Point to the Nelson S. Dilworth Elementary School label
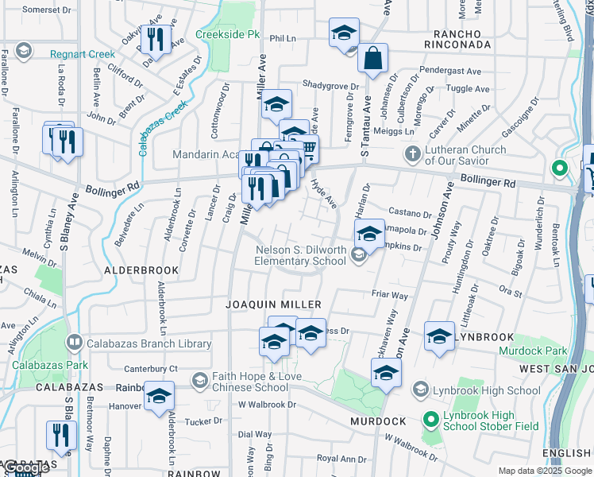pos(300,255)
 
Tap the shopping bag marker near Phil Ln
pos(372,58)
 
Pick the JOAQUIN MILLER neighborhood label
pos(262,304)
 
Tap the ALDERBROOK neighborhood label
pos(141,270)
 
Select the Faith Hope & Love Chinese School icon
pos(199,382)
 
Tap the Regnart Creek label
pos(82,54)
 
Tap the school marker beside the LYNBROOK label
pos(439,335)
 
